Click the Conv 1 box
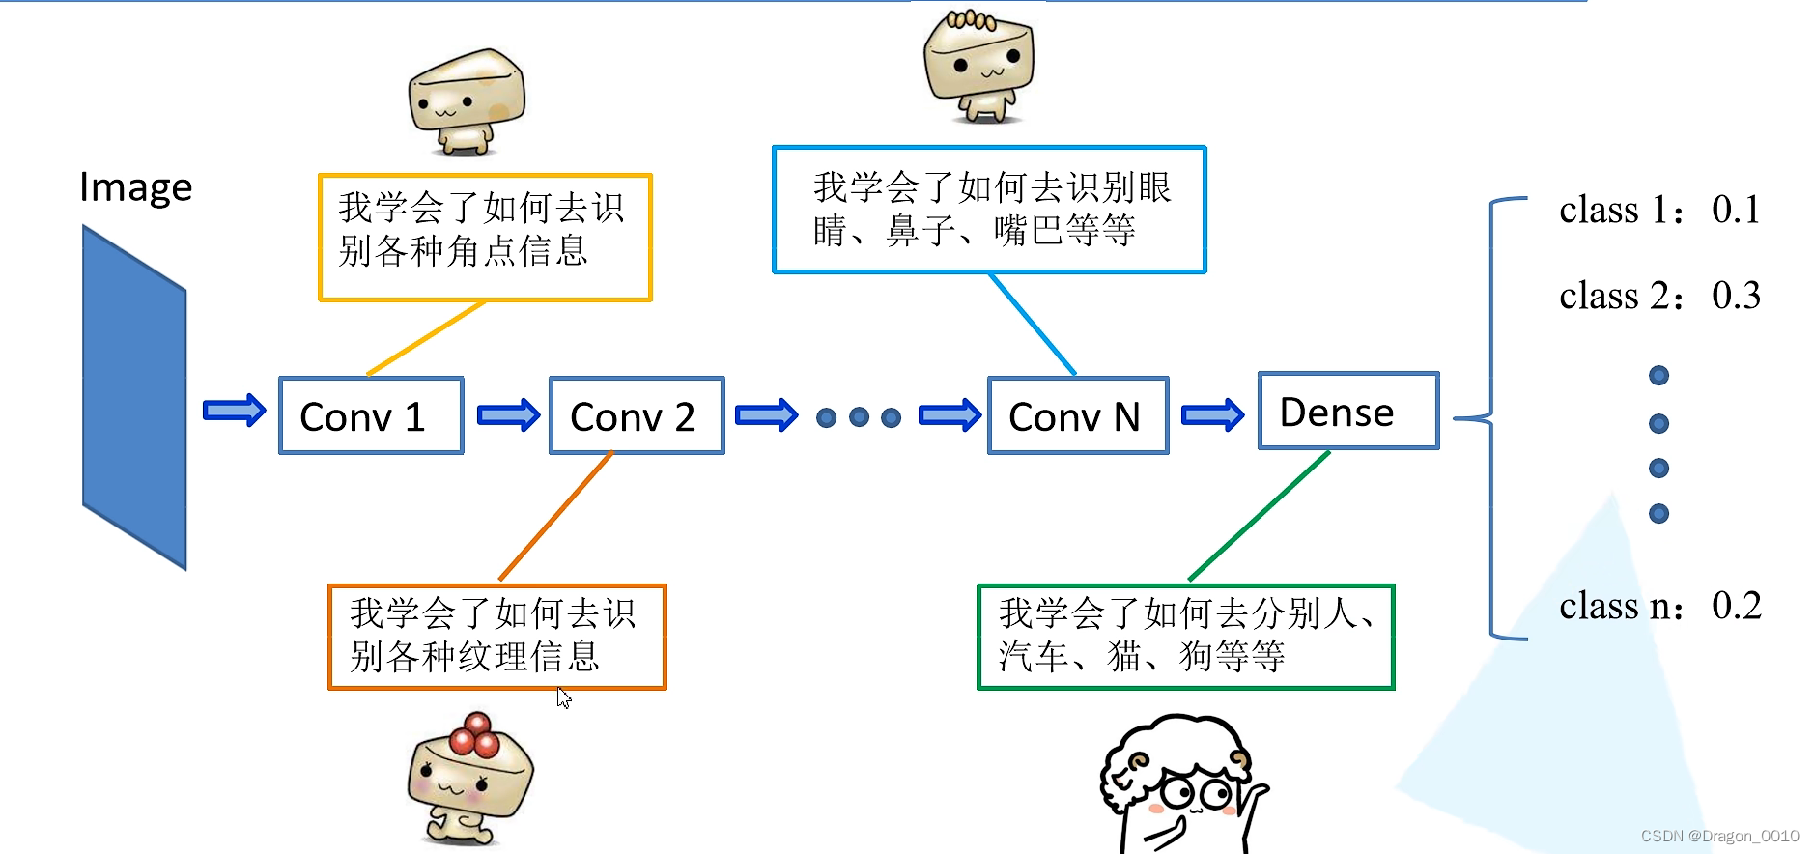[x=371, y=416]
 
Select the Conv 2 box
[x=637, y=416]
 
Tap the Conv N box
[x=1078, y=416]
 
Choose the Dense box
[x=1348, y=412]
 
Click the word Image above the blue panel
[x=136, y=187]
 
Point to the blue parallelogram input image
[x=134, y=397]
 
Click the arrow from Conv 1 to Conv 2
[x=508, y=415]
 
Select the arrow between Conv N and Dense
[x=1212, y=415]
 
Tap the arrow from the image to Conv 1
[x=234, y=411]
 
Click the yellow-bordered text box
[x=485, y=238]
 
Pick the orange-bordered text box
[x=497, y=637]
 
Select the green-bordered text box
[x=1185, y=637]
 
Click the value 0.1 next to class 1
[x=1736, y=210]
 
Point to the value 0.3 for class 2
[x=1736, y=296]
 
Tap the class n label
[x=1620, y=607]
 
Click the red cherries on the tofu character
[x=474, y=735]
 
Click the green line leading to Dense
[x=1259, y=516]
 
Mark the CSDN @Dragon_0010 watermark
[x=1719, y=836]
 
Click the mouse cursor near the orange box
[x=564, y=697]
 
